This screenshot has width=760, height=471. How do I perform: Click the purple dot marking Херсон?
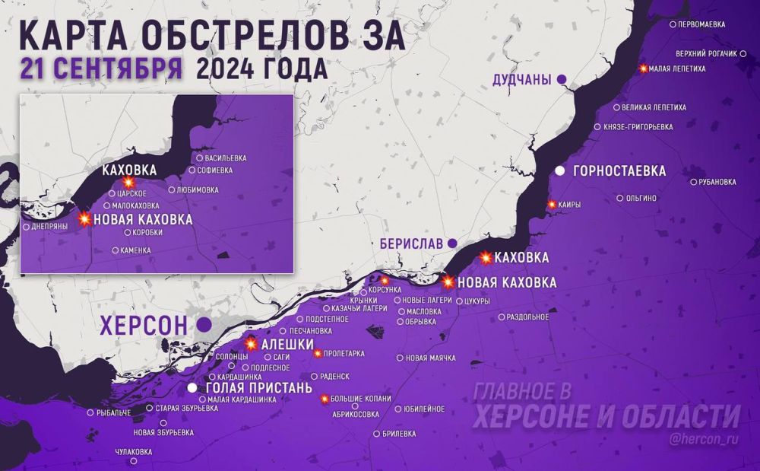pos(204,325)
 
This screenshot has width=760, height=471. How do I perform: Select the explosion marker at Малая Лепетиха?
pos(644,68)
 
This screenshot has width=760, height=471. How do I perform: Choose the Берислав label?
pos(411,243)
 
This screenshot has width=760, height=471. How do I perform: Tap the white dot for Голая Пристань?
pos(193,387)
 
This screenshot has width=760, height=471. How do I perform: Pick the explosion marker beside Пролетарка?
pos(318,353)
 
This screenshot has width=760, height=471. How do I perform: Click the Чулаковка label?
pos(133,452)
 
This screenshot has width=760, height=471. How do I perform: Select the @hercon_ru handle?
pos(705,439)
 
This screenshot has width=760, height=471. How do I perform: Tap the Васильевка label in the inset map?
pos(226,158)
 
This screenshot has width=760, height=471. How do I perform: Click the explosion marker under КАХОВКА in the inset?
pos(128,183)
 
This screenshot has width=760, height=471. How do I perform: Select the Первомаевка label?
pos(702,24)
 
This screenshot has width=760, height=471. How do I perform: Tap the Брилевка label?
pos(400,434)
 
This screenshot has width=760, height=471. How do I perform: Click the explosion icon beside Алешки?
pos(252,345)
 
